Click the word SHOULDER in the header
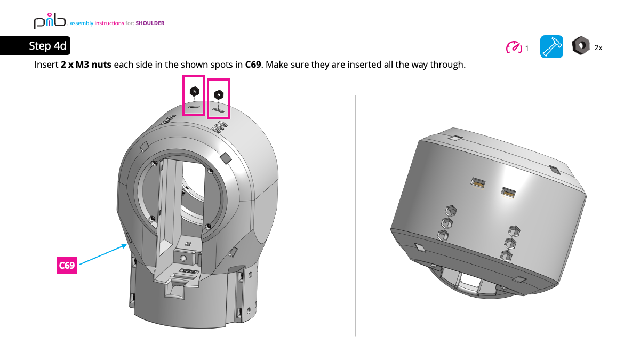point(150,23)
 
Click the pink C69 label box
point(67,265)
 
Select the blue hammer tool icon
point(551,47)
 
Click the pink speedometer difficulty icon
point(514,47)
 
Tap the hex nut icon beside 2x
point(580,46)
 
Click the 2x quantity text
point(598,48)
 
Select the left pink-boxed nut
point(194,92)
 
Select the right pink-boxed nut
point(218,95)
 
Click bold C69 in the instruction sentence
point(253,65)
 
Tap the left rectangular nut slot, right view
point(477,182)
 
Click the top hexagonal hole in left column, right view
point(450,210)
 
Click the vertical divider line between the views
point(355,213)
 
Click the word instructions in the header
point(109,23)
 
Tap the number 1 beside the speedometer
point(527,48)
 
